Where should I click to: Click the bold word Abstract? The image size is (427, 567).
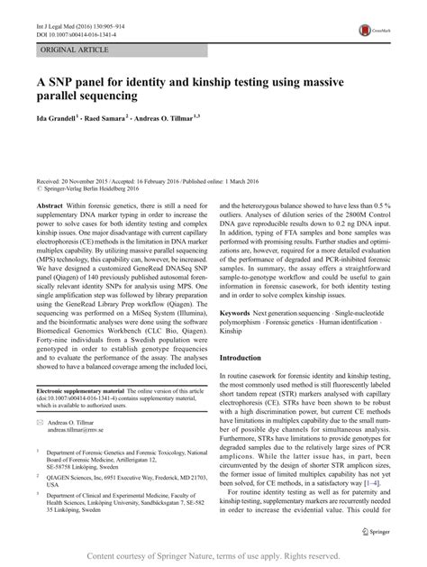(51, 206)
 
